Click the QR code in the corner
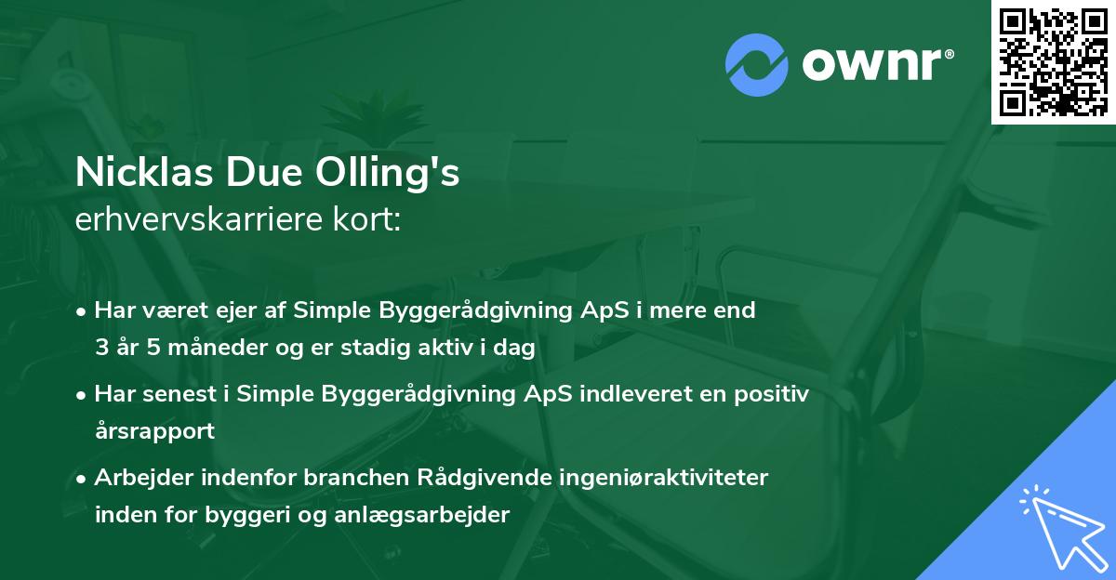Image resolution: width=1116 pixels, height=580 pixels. (1053, 61)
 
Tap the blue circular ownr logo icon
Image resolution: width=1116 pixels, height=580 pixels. (756, 64)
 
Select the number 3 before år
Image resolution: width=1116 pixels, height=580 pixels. (100, 348)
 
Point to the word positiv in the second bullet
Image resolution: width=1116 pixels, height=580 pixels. (776, 394)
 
